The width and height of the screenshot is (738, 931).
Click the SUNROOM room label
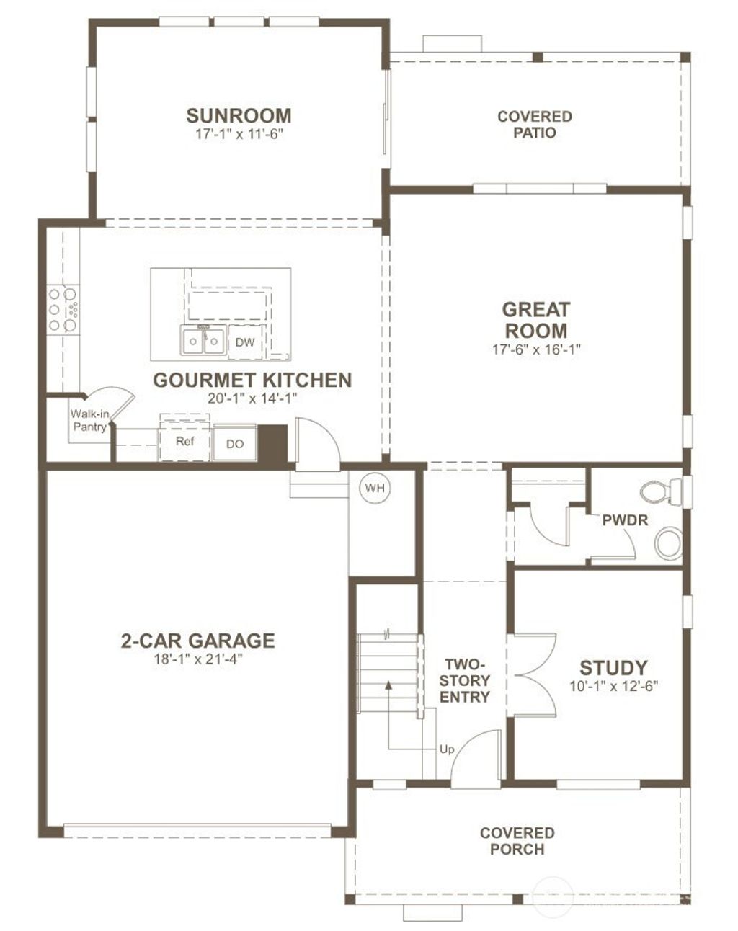(239, 115)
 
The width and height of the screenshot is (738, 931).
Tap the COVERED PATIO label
(534, 124)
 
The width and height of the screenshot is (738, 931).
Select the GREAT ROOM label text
(535, 320)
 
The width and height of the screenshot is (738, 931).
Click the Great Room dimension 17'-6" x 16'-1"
(535, 349)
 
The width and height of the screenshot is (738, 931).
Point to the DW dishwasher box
(245, 342)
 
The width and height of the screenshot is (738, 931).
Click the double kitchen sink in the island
(203, 340)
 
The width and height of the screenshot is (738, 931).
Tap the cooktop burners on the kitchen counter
(63, 310)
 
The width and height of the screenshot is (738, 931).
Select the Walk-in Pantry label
(89, 420)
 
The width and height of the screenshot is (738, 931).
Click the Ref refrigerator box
(185, 441)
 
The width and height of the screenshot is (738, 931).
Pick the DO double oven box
(235, 444)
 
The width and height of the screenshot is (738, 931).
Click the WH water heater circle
(374, 488)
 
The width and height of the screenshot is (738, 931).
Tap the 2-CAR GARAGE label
(197, 640)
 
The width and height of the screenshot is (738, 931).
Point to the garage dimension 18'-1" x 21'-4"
(197, 659)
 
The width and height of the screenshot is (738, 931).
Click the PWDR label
(625, 520)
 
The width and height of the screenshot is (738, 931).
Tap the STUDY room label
(613, 667)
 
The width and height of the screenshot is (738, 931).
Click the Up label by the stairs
(447, 749)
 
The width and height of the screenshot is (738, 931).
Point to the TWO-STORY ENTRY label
(465, 680)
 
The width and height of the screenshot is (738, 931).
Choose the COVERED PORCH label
(517, 841)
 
